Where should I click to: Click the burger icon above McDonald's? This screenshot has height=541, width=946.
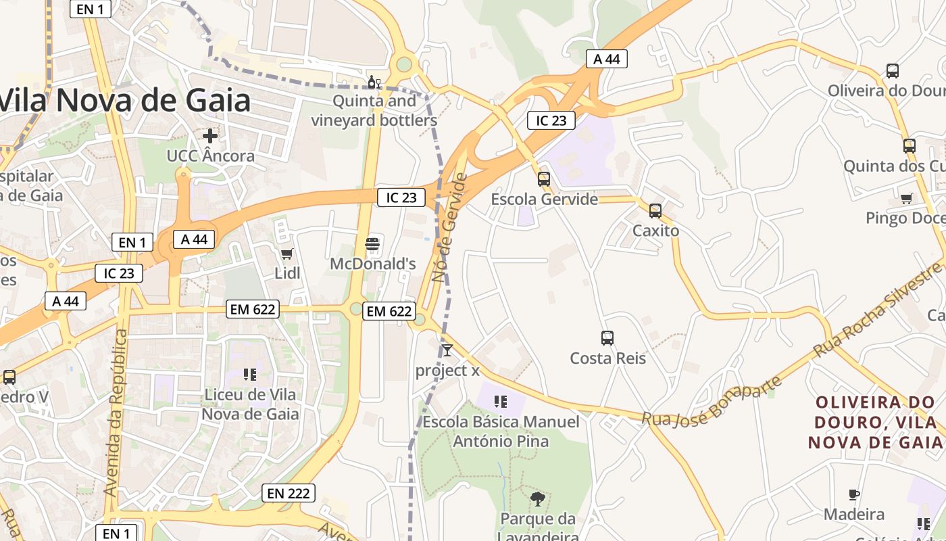[x=372, y=243]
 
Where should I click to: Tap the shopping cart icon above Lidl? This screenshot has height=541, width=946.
[x=287, y=254]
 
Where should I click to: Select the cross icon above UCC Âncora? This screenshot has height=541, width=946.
[x=210, y=135]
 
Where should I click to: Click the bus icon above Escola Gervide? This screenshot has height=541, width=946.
[x=544, y=179]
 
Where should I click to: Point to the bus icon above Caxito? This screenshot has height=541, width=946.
[x=655, y=211]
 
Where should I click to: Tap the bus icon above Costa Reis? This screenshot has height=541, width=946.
[x=607, y=338]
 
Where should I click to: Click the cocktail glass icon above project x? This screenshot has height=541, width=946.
[x=447, y=350]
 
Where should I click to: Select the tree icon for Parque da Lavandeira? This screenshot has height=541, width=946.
[x=538, y=500]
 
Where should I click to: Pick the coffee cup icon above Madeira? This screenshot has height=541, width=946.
[x=854, y=494]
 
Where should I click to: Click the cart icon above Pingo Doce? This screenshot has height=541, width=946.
[x=907, y=198]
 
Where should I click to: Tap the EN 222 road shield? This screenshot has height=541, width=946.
[x=289, y=494]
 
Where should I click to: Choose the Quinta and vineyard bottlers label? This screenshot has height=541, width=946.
[x=374, y=111]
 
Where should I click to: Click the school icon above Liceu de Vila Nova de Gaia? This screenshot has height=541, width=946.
[x=250, y=374]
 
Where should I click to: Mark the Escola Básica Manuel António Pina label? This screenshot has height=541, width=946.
[x=501, y=431]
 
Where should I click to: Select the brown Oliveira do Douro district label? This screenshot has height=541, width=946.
[x=876, y=422]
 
